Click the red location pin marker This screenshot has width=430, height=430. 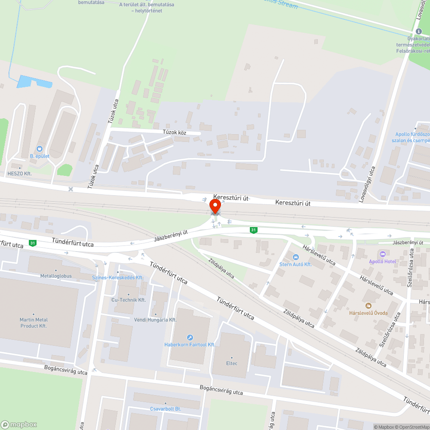215,206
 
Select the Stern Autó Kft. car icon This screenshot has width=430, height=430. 295,257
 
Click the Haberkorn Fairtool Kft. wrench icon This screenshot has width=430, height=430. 190,337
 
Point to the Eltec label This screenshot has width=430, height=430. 231,363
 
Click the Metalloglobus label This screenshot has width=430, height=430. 56,276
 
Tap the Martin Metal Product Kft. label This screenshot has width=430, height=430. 34,322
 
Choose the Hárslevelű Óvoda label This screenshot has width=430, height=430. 368,313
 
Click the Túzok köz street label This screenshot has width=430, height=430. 174,132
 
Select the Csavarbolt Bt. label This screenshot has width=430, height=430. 166,408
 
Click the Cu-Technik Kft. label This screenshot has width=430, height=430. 128,300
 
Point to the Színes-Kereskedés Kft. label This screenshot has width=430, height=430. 118,278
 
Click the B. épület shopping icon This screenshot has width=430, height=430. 40,148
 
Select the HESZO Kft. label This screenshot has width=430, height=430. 20,173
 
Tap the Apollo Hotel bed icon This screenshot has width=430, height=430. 382,254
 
